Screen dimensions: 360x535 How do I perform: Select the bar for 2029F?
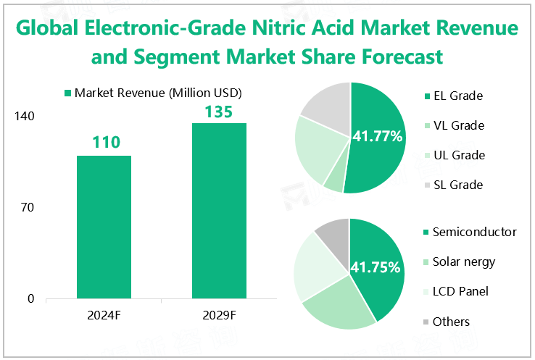click(219, 210)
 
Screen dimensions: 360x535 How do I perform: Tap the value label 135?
click(219, 112)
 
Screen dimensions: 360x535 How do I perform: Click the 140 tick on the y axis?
click(25, 117)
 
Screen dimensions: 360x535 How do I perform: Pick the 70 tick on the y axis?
click(28, 208)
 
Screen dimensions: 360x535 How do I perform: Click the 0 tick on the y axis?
click(31, 298)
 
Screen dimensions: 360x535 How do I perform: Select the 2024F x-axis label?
click(104, 315)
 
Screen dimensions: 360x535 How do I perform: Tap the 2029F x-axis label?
click(219, 315)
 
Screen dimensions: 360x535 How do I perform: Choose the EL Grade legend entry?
click(457, 96)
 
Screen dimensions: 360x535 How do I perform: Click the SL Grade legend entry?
click(457, 185)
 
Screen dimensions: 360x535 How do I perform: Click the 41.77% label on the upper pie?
click(377, 135)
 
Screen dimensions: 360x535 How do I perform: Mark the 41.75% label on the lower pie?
click(376, 267)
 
